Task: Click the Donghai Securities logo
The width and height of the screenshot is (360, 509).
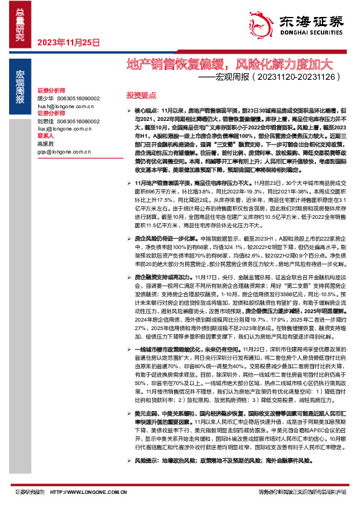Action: click(x=309, y=24)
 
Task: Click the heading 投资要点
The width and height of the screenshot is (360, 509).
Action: click(x=141, y=96)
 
